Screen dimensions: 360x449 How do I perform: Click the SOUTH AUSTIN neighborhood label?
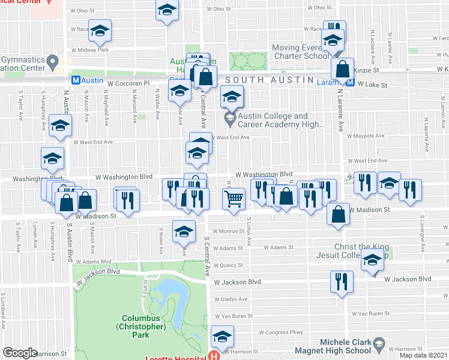[x=269, y=80]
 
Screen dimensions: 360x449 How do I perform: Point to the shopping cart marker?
[x=234, y=198]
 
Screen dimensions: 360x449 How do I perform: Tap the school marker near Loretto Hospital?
[x=222, y=338]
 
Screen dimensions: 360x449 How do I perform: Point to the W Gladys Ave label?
[x=231, y=299]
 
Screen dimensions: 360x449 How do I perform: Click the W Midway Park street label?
[x=89, y=50]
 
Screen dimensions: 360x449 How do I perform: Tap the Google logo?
[x=20, y=353]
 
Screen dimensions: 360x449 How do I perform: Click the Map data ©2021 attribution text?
[x=423, y=356]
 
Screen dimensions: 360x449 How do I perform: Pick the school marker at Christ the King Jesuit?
[x=372, y=262]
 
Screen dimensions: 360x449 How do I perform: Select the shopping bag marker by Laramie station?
[x=342, y=68]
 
